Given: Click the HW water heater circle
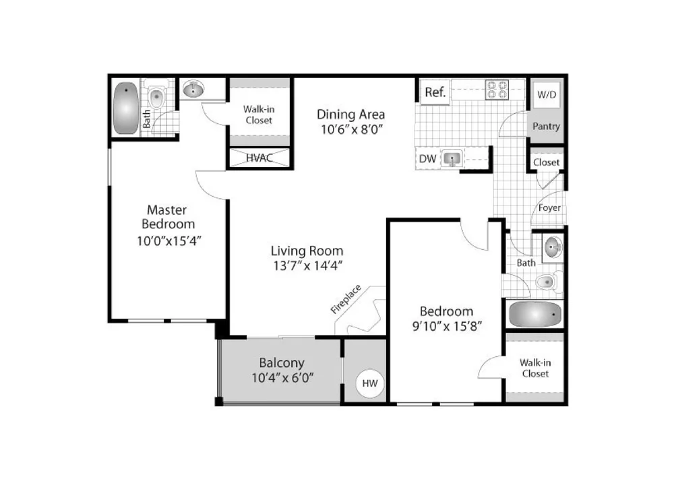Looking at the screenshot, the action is (x=369, y=383).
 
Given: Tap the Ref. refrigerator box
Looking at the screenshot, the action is (x=435, y=92).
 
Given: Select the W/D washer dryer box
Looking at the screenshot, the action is (x=547, y=94).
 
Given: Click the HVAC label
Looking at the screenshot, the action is (x=259, y=158).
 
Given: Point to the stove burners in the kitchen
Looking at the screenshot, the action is (x=497, y=90).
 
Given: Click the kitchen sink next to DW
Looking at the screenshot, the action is (x=452, y=159).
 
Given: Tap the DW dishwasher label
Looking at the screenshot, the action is (x=428, y=159).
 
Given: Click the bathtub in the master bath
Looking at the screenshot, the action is (x=126, y=108).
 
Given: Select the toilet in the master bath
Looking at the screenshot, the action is (x=156, y=98).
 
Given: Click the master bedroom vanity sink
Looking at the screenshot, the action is (x=193, y=90).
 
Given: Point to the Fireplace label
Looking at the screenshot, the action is (x=346, y=299).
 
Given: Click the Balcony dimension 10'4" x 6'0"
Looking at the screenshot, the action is (x=282, y=378).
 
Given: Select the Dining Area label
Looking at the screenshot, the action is (x=350, y=115).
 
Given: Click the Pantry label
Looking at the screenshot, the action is (x=546, y=126).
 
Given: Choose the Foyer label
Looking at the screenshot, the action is (x=549, y=208).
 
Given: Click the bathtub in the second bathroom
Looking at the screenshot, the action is (x=535, y=315).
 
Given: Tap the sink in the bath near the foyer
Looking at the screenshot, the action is (x=553, y=247).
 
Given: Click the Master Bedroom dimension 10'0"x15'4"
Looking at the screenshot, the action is (x=169, y=241).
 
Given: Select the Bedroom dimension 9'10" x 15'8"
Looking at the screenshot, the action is (x=447, y=326).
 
